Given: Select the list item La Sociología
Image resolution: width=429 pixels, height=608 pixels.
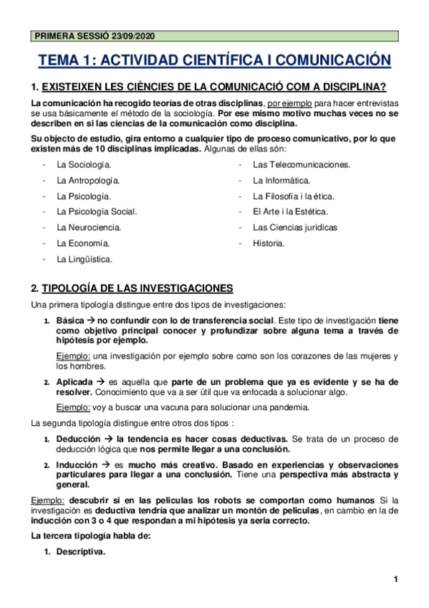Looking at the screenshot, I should pos(84,165).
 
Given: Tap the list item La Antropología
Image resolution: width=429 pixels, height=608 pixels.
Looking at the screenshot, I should pos(88,181).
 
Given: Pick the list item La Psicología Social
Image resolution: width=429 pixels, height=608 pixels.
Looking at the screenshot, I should pos(97,212).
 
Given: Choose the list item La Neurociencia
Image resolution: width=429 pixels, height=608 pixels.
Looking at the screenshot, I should pos(89,227).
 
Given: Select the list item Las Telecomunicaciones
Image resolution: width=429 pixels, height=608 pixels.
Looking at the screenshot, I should pos(302,165).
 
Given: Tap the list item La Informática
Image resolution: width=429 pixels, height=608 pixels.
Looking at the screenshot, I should pos(281,181).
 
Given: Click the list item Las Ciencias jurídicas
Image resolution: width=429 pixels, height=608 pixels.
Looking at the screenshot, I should pos(295,227).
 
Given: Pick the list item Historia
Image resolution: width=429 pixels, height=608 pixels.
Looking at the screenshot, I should pos(269,243).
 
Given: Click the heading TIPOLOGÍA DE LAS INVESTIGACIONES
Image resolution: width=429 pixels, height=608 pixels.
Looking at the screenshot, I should pos(138,288).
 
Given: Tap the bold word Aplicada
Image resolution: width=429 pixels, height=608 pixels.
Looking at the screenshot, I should pos(75,381).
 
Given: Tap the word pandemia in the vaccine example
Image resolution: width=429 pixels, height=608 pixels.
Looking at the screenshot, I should pos(289,407).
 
